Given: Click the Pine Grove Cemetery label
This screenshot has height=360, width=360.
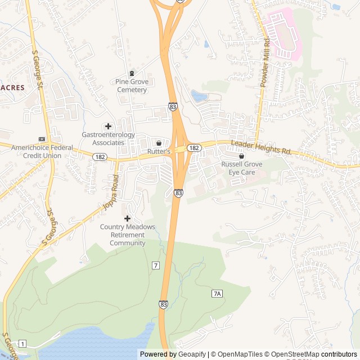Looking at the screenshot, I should point(132,85).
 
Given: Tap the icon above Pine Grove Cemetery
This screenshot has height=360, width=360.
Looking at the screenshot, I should point(132,73).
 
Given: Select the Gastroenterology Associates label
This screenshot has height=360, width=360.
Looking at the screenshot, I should point(109,139).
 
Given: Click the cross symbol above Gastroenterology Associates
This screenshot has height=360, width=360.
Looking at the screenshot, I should point(109,126).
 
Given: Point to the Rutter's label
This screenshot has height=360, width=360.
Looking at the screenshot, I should point(159,152).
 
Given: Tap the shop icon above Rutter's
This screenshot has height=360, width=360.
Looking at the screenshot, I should point(159,143).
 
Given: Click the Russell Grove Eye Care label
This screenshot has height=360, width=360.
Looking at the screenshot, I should point(242,168).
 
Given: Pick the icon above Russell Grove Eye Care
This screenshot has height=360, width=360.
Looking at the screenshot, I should point(242,156).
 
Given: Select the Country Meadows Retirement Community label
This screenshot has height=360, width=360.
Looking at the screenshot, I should point(127,235).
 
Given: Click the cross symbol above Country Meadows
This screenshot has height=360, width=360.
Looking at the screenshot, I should point(127,218).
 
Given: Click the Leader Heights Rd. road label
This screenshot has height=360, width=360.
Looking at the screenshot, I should point(260,148).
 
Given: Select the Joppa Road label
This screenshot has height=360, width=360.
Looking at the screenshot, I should point(111,193).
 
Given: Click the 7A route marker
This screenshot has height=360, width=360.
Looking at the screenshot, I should point(218,294).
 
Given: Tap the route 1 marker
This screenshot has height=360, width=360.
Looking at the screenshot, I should point(22,343).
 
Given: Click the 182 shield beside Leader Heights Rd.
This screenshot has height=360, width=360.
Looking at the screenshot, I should point(193,147).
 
